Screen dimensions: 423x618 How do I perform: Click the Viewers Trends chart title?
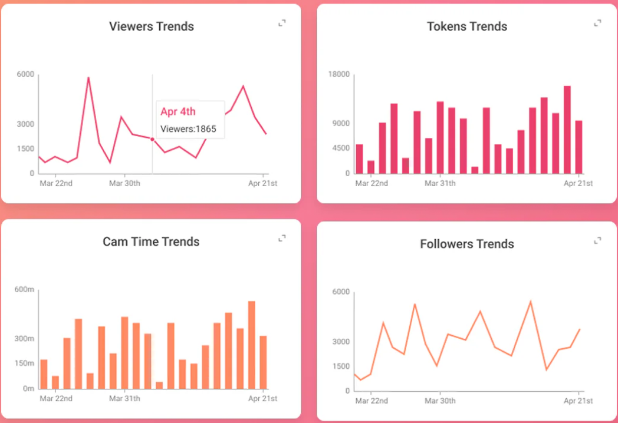pyautogui.click(x=152, y=27)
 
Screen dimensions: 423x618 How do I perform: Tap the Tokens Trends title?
pyautogui.click(x=467, y=27)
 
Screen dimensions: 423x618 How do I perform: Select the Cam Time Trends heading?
pyautogui.click(x=151, y=242)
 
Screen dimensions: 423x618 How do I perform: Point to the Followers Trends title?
pyautogui.click(x=467, y=244)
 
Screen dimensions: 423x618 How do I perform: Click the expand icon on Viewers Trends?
pyautogui.click(x=282, y=23)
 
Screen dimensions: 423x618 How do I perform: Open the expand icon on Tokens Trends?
pyautogui.click(x=597, y=23)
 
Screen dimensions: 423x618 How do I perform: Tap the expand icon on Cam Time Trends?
pyautogui.click(x=282, y=238)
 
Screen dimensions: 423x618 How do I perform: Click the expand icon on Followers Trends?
pyautogui.click(x=597, y=240)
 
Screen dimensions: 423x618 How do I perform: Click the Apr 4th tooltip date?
pyautogui.click(x=178, y=112)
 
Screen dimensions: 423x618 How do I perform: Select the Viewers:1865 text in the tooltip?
pyautogui.click(x=189, y=128)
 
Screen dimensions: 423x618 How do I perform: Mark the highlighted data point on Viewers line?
pyautogui.click(x=152, y=139)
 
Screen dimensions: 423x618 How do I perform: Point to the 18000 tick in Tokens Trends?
pyautogui.click(x=339, y=74)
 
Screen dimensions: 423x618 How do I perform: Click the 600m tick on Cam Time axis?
pyautogui.click(x=24, y=289)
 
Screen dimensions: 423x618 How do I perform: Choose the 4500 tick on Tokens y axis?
pyautogui.click(x=341, y=148)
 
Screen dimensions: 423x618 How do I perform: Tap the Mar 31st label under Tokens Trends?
pyautogui.click(x=440, y=183)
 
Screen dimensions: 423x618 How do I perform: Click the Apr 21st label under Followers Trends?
pyautogui.click(x=578, y=401)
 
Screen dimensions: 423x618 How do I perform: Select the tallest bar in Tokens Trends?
pyautogui.click(x=567, y=130)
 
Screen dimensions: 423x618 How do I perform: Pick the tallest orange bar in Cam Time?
pyautogui.click(x=252, y=345)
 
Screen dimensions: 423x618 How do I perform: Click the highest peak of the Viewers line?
pyautogui.click(x=88, y=78)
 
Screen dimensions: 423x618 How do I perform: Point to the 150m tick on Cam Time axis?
pyautogui.click(x=24, y=363)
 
